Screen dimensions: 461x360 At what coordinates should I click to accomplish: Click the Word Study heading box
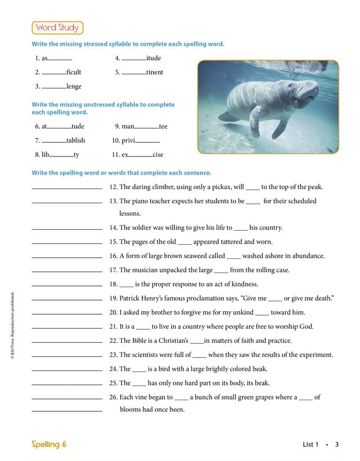57,28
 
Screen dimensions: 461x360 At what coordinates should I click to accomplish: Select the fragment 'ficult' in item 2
74,72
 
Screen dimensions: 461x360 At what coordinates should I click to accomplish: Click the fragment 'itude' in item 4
154,58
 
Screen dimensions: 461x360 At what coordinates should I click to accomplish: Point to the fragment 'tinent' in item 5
155,72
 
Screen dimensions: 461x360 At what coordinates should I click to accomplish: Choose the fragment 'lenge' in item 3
74,86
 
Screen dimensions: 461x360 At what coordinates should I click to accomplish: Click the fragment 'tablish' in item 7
75,141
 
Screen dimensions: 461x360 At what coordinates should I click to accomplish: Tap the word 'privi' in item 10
128,141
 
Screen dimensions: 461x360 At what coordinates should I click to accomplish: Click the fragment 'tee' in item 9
163,127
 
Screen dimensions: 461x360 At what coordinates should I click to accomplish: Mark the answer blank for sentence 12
67,188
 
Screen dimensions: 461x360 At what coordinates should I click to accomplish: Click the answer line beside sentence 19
67,299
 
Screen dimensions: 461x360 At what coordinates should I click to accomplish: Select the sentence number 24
113,369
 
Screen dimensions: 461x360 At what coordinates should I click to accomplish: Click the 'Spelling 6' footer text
49,444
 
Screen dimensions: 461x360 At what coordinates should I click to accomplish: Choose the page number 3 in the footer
336,444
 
